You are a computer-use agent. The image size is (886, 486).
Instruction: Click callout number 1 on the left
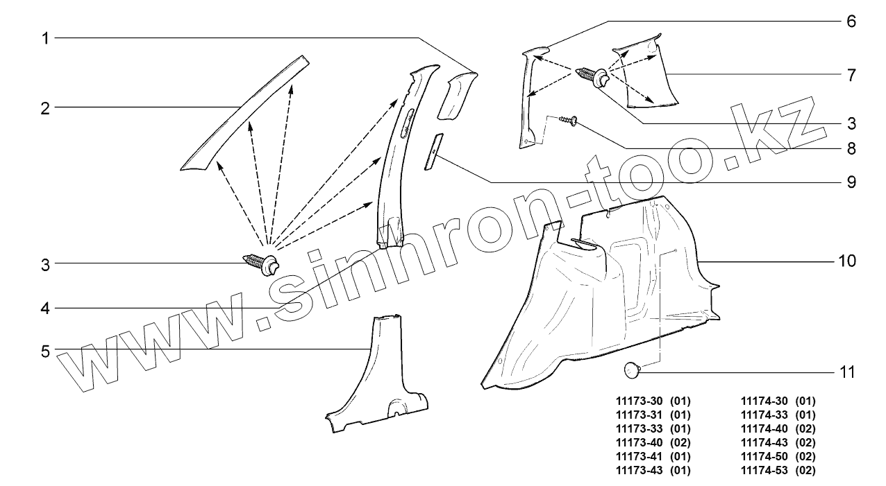point(45,38)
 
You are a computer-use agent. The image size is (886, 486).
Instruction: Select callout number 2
point(45,107)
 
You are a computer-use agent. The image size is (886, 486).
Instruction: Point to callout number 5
point(45,352)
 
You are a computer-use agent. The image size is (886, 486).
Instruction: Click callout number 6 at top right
point(851,21)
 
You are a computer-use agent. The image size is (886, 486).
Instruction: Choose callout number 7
point(851,74)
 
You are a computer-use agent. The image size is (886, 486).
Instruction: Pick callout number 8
point(851,148)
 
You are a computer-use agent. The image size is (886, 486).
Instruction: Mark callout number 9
point(851,183)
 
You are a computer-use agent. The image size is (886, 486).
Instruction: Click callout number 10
point(847,261)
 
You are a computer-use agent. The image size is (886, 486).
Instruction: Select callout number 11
point(847,372)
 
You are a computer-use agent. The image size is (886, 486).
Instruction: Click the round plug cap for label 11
point(631,371)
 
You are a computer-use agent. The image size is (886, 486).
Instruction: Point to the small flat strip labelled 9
point(433,151)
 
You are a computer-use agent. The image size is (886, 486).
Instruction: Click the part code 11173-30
point(639,401)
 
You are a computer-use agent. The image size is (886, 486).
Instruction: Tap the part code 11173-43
point(639,471)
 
